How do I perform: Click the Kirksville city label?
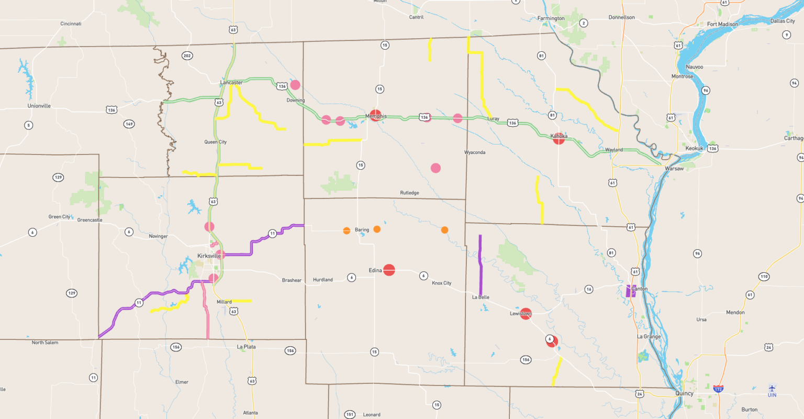(x=209, y=256)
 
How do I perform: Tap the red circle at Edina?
(x=389, y=270)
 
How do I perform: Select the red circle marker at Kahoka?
(x=559, y=138)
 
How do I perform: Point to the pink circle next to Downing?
(x=295, y=85)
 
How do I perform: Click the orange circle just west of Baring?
(x=347, y=230)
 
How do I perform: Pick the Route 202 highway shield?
(x=187, y=56)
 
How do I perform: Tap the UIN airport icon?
(x=772, y=388)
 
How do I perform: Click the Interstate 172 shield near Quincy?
(x=718, y=389)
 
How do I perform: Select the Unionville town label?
(x=39, y=106)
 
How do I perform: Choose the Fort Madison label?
(x=722, y=24)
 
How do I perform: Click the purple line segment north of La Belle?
(x=481, y=264)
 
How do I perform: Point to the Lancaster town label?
(x=231, y=83)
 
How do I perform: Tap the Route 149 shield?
(x=129, y=124)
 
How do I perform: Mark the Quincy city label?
(x=684, y=393)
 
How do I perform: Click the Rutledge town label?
(x=409, y=193)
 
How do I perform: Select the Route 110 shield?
(x=764, y=277)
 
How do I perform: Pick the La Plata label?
(x=246, y=347)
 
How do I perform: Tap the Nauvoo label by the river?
(x=695, y=67)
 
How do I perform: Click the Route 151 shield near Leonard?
(x=350, y=414)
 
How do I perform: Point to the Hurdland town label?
(x=323, y=280)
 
